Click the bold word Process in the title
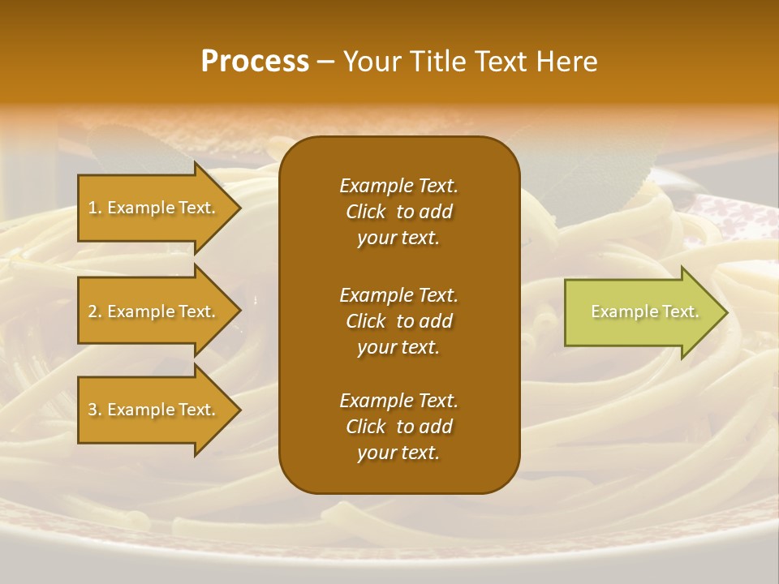[x=255, y=62]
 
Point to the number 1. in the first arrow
[x=95, y=208]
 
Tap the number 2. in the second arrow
[x=95, y=311]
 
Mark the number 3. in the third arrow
[x=95, y=410]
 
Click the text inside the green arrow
[x=645, y=311]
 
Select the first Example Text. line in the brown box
[x=398, y=186]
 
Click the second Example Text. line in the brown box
[x=398, y=295]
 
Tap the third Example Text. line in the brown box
[x=398, y=401]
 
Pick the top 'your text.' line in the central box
[x=398, y=238]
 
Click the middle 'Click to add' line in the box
[x=398, y=321]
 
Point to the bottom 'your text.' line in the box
[x=398, y=453]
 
